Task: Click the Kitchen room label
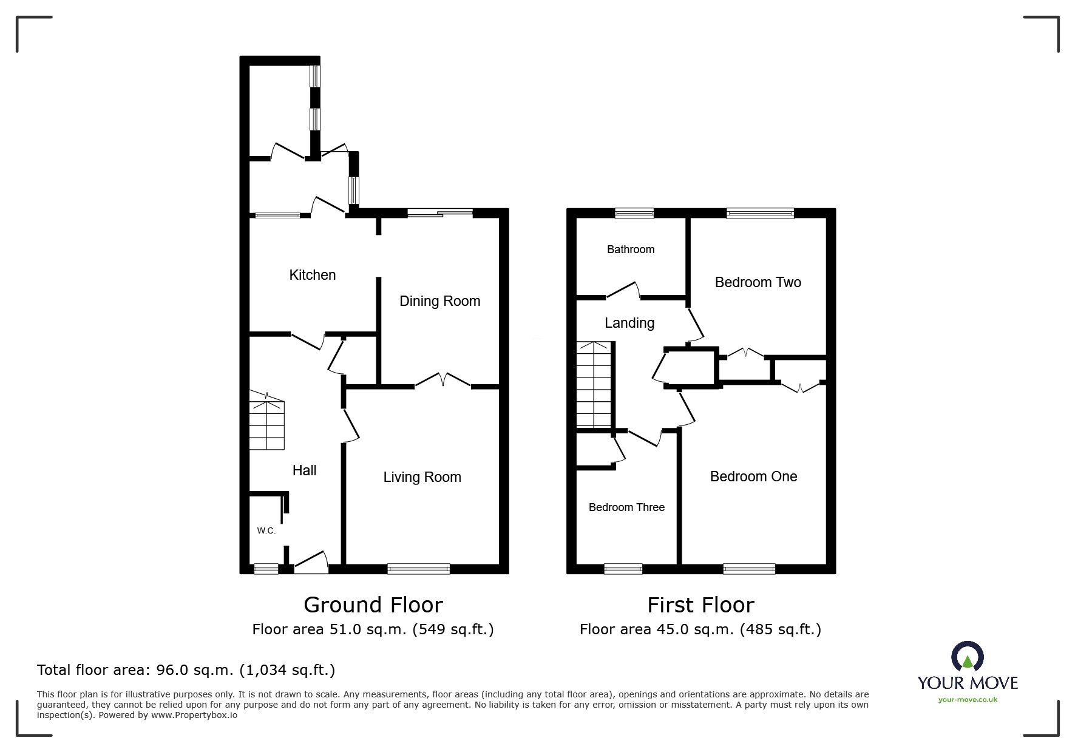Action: tap(312, 275)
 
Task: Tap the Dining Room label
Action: tap(439, 301)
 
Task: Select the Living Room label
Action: tap(422, 477)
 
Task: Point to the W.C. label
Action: tap(266, 530)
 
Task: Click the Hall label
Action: tap(304, 470)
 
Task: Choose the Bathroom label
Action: tap(631, 249)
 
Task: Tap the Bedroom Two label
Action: tap(758, 282)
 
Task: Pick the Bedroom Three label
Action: tap(626, 507)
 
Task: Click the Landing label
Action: tap(629, 323)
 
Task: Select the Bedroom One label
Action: tap(753, 476)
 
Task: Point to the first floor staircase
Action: tap(593, 385)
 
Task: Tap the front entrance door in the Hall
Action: tap(311, 562)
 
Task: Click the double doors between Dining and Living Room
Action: tap(443, 381)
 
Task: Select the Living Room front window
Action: tap(418, 569)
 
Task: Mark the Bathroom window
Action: tap(634, 213)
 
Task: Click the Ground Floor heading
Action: tap(373, 605)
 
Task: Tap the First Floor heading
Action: tap(700, 605)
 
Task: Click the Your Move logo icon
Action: tap(967, 657)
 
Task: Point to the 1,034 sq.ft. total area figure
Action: tap(287, 670)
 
